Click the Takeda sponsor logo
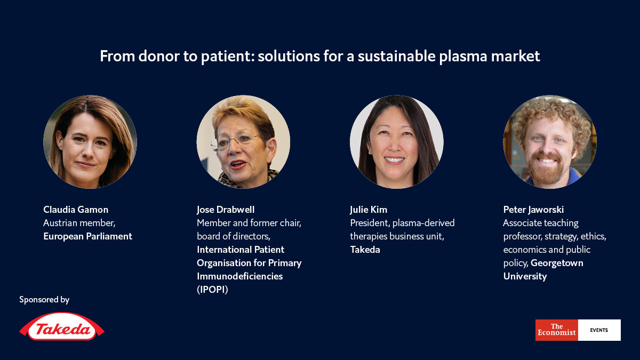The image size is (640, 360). click(x=62, y=326)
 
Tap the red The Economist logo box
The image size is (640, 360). click(x=557, y=330)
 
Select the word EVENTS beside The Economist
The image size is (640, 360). click(x=599, y=330)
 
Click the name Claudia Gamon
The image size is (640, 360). click(x=76, y=210)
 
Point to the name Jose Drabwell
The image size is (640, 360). click(x=226, y=210)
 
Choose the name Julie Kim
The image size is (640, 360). click(x=369, y=210)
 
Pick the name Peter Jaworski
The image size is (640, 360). click(x=533, y=210)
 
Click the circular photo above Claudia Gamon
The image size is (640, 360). click(x=90, y=142)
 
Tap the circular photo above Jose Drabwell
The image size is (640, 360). click(x=243, y=142)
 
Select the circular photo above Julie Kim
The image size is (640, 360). click(x=397, y=142)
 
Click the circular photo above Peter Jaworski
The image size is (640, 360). click(x=550, y=142)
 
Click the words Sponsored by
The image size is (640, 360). click(x=44, y=299)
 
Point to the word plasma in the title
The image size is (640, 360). click(x=462, y=56)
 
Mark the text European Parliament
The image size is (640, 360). click(x=87, y=236)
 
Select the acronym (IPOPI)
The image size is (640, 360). click(x=212, y=290)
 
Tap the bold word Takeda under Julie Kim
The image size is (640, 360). click(x=365, y=250)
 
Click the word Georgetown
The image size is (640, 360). click(x=557, y=263)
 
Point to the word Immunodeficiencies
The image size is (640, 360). click(x=239, y=276)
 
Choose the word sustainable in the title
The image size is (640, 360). click(x=397, y=56)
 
